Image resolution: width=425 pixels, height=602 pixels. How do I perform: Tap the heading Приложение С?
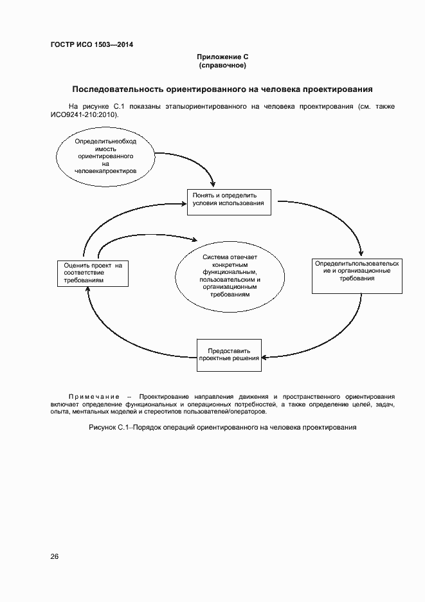click(x=222, y=57)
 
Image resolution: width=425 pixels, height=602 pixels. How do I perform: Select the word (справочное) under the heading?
click(x=222, y=66)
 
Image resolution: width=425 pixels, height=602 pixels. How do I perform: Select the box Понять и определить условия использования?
click(x=229, y=202)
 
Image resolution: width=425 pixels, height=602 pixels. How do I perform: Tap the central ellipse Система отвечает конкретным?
click(x=230, y=276)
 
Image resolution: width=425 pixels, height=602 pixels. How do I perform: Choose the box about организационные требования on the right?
click(x=357, y=275)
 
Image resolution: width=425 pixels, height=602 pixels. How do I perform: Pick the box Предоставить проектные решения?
click(x=229, y=354)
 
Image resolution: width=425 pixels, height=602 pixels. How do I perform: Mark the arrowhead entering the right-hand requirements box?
click(x=362, y=253)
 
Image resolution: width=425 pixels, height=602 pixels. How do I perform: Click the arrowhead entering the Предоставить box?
click(x=265, y=356)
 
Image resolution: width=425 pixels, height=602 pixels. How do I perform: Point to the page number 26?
click(x=55, y=556)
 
